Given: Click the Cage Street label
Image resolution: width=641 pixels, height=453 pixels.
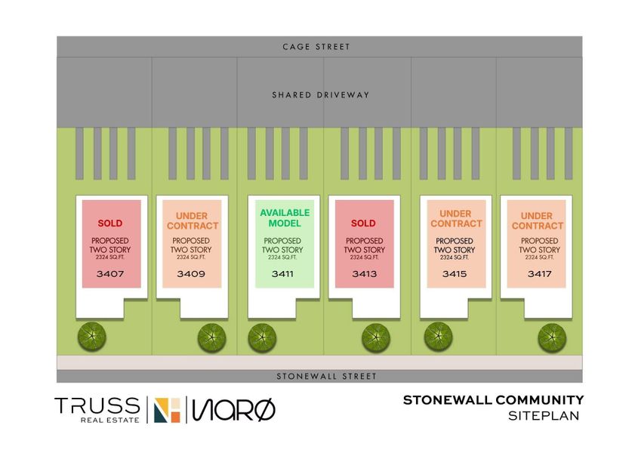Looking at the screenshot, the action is [x=316, y=47].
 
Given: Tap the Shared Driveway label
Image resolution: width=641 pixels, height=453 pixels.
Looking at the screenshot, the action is [x=320, y=95].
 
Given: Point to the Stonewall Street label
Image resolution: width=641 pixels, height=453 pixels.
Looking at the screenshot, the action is [x=326, y=376].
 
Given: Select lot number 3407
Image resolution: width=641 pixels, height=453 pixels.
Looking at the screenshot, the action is [x=110, y=274].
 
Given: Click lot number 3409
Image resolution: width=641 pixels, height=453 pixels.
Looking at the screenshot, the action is [x=191, y=274].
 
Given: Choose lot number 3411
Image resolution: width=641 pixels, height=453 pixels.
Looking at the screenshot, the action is [x=282, y=274].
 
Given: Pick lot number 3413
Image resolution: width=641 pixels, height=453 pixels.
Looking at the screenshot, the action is [x=364, y=274].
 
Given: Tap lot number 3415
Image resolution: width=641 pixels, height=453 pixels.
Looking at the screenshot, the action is [x=455, y=274].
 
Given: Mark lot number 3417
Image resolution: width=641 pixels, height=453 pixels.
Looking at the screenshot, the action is [x=540, y=274].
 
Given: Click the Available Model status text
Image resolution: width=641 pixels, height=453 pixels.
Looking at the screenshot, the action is [x=285, y=218].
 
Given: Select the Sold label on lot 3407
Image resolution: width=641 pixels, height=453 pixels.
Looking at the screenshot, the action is [x=110, y=223].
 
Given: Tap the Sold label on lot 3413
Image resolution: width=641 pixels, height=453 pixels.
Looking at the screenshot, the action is [x=363, y=223].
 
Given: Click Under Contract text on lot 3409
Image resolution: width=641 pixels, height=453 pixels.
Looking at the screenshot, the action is [x=192, y=220].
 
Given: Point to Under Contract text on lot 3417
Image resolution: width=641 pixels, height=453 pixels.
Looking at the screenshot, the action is [x=538, y=220].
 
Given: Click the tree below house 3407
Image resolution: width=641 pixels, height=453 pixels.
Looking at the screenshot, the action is [x=91, y=337].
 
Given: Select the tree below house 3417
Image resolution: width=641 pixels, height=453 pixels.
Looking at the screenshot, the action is [x=552, y=337].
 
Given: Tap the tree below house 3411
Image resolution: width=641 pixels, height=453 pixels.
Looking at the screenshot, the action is [x=262, y=337].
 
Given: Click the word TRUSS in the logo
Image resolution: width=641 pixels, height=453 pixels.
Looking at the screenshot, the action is [x=97, y=405].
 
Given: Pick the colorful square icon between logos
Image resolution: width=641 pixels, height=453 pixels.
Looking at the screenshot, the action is [x=167, y=410].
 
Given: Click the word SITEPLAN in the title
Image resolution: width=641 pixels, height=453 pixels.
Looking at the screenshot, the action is [x=544, y=416].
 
